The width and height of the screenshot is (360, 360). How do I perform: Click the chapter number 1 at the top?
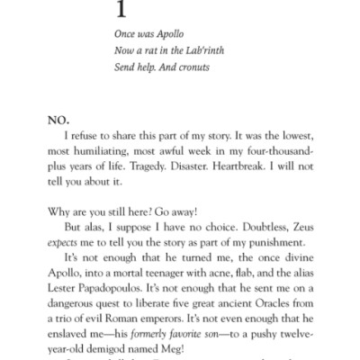(121, 11)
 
